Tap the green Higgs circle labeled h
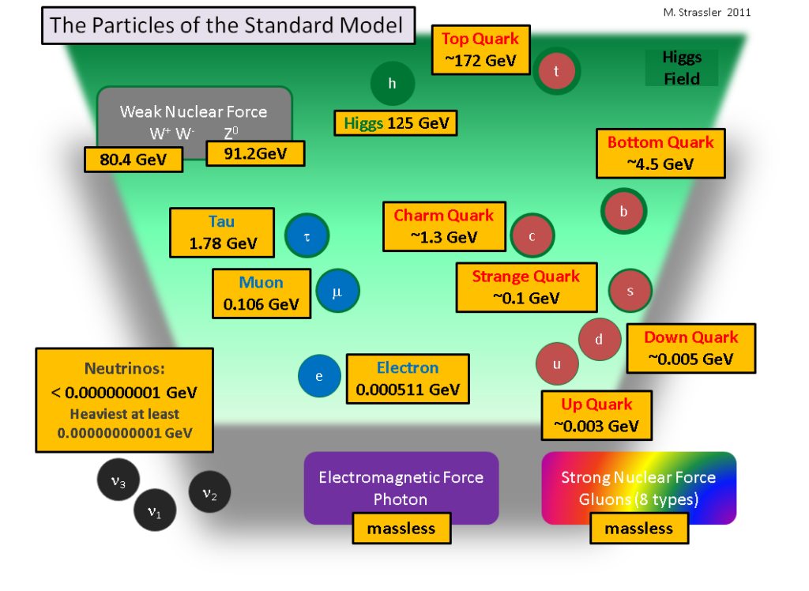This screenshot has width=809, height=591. [393, 84]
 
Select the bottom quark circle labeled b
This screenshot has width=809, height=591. [624, 211]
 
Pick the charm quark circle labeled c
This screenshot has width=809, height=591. [532, 235]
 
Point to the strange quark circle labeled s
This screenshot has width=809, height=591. [630, 291]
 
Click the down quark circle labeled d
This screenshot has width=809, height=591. [600, 340]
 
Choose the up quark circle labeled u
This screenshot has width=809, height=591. [557, 364]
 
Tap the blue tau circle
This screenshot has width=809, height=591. [307, 236]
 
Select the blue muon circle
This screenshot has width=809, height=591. [338, 292]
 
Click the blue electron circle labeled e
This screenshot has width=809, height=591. [319, 376]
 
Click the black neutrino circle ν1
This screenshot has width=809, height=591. [155, 510]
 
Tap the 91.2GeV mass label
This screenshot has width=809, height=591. [255, 153]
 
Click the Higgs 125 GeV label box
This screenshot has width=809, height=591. [395, 123]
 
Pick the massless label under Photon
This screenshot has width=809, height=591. [401, 529]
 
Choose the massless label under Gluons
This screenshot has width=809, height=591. [639, 529]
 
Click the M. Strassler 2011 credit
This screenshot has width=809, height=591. [706, 12]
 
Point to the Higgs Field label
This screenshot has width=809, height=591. [681, 68]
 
